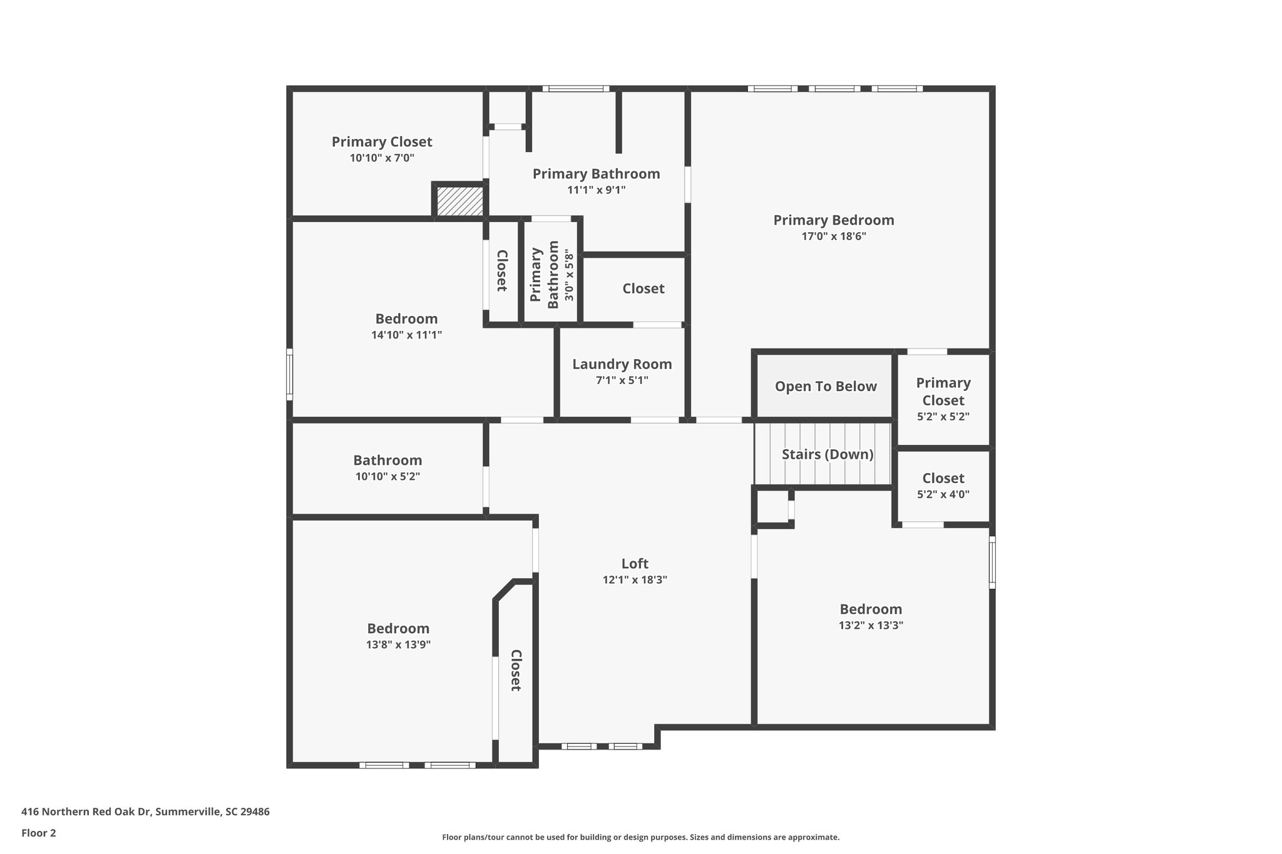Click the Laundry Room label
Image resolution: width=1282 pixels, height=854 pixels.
pos(622,364)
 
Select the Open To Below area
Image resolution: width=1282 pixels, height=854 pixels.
pos(825,387)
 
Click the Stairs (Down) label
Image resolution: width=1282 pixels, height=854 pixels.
pos(827,454)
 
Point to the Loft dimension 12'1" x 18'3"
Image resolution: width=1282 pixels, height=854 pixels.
pos(635,580)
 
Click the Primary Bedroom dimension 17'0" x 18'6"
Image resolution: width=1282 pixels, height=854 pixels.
pos(833,236)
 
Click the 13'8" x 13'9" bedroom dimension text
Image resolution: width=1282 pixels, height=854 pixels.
pos(398,645)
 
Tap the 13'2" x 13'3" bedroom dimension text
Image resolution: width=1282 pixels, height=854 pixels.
pos(871,626)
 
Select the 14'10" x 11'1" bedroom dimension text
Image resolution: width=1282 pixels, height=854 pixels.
pos(406,335)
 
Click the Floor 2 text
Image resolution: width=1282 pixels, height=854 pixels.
pos(39,833)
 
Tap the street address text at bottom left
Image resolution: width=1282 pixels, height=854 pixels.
pos(145,812)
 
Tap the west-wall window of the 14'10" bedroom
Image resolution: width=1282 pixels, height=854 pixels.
pos(289,374)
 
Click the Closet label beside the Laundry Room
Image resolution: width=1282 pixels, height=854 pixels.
pos(643,288)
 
